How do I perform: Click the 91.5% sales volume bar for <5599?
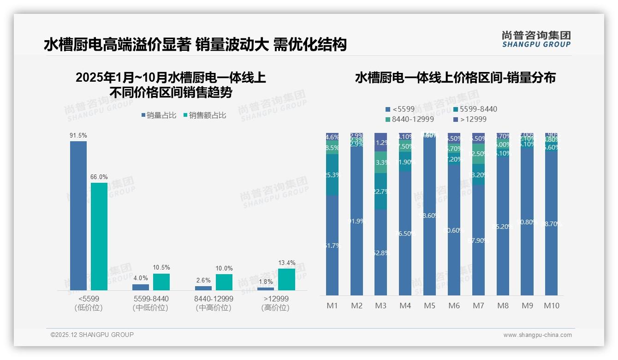[78, 216]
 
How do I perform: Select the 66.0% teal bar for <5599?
[99, 236]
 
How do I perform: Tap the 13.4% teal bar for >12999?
[286, 279]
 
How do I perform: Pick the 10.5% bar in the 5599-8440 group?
[161, 282]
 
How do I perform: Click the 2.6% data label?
[203, 280]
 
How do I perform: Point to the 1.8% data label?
[266, 282]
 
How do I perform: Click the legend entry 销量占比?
[159, 115]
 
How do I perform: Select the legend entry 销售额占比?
[205, 115]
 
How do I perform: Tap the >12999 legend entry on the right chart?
[473, 120]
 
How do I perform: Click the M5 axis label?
[429, 306]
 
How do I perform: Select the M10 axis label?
[551, 306]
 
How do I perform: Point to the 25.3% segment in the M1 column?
[332, 175]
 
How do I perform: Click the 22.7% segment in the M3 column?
[380, 192]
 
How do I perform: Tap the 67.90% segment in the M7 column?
[478, 240]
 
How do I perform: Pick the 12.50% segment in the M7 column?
[478, 154]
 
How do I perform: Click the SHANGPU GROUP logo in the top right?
[536, 39]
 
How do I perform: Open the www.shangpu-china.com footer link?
[537, 335]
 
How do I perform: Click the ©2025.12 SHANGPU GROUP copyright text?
[92, 335]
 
